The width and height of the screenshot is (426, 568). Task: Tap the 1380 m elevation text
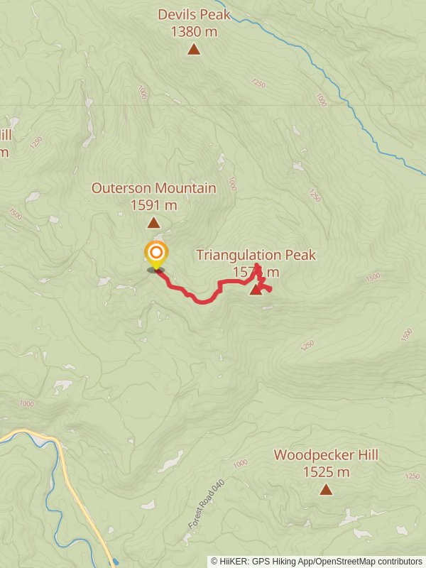[194, 31]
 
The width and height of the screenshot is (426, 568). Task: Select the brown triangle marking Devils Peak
[194, 50]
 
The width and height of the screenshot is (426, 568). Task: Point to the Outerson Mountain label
[153, 188]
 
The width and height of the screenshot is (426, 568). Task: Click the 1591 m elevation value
[153, 205]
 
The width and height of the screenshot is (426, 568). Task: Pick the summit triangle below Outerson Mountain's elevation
[153, 223]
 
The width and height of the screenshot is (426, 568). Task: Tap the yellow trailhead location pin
[155, 254]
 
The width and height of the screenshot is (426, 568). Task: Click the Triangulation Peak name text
[256, 255]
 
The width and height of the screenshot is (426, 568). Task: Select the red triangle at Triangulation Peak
[256, 289]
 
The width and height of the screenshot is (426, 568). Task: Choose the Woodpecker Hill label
[326, 455]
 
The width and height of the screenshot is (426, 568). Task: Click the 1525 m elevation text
[326, 472]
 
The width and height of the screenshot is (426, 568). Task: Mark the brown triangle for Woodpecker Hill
[326, 489]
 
